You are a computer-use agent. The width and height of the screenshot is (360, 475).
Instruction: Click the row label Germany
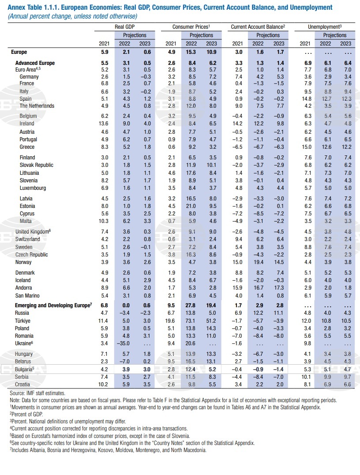pos(29,77)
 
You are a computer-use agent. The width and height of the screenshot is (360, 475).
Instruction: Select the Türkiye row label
pos(22,320)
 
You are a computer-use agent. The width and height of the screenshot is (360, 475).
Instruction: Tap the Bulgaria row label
pos(24,369)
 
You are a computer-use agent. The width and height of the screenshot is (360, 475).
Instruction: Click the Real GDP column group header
pos(124,27)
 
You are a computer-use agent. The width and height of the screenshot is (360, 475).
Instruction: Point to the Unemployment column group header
pos(325,27)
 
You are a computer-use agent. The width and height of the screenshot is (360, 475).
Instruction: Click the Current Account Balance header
pos(258,27)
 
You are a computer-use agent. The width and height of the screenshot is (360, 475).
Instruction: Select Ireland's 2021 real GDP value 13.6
pos(103,124)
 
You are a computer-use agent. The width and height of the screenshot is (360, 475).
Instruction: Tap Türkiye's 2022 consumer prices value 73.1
pos(191,320)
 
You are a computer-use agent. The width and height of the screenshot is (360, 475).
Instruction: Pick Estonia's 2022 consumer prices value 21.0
pos(191,206)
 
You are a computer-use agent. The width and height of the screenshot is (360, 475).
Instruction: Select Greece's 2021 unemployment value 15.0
pos(307,147)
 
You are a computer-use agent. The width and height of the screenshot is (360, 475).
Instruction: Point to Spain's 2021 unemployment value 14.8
pos(307,99)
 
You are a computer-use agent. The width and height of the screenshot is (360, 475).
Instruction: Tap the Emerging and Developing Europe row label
pos(53,305)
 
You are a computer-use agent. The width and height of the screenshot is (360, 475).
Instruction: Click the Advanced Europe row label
pos(35,63)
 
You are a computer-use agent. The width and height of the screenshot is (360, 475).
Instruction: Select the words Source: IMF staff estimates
pos(37,393)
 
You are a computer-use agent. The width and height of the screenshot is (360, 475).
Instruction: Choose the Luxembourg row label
pos(33,188)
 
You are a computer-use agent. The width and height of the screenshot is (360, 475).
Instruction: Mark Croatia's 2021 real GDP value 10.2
pos(103,385)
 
